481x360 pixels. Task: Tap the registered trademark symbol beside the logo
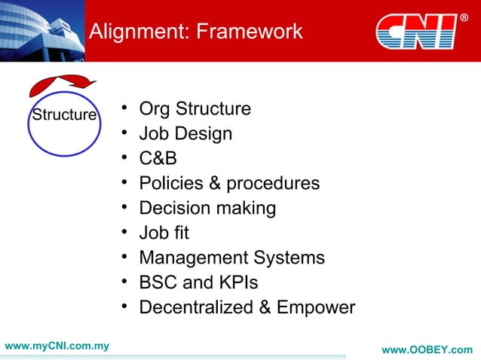click(x=464, y=17)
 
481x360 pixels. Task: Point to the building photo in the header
click(x=41, y=30)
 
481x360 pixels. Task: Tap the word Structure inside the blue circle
click(x=63, y=115)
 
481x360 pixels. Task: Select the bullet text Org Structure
click(x=195, y=109)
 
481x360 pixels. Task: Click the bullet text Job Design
click(x=185, y=134)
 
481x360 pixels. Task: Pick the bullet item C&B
click(x=158, y=159)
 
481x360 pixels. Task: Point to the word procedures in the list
click(x=273, y=183)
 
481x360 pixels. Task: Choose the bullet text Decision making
click(x=207, y=208)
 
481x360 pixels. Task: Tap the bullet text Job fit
click(x=164, y=233)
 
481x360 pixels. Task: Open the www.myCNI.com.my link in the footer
click(x=57, y=346)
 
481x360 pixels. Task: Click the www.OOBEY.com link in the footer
click(x=427, y=350)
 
